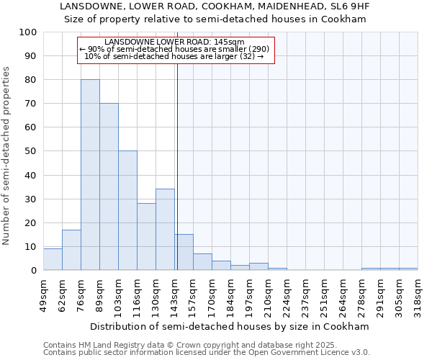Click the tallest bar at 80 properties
[90, 175]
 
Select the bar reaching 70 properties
[109, 186]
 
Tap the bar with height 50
[127, 210]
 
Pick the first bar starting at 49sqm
[53, 259]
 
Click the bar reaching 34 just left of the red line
[165, 229]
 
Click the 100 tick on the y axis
[28, 32]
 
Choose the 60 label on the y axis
[31, 127]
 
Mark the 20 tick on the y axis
[31, 222]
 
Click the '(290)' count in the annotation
[256, 49]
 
